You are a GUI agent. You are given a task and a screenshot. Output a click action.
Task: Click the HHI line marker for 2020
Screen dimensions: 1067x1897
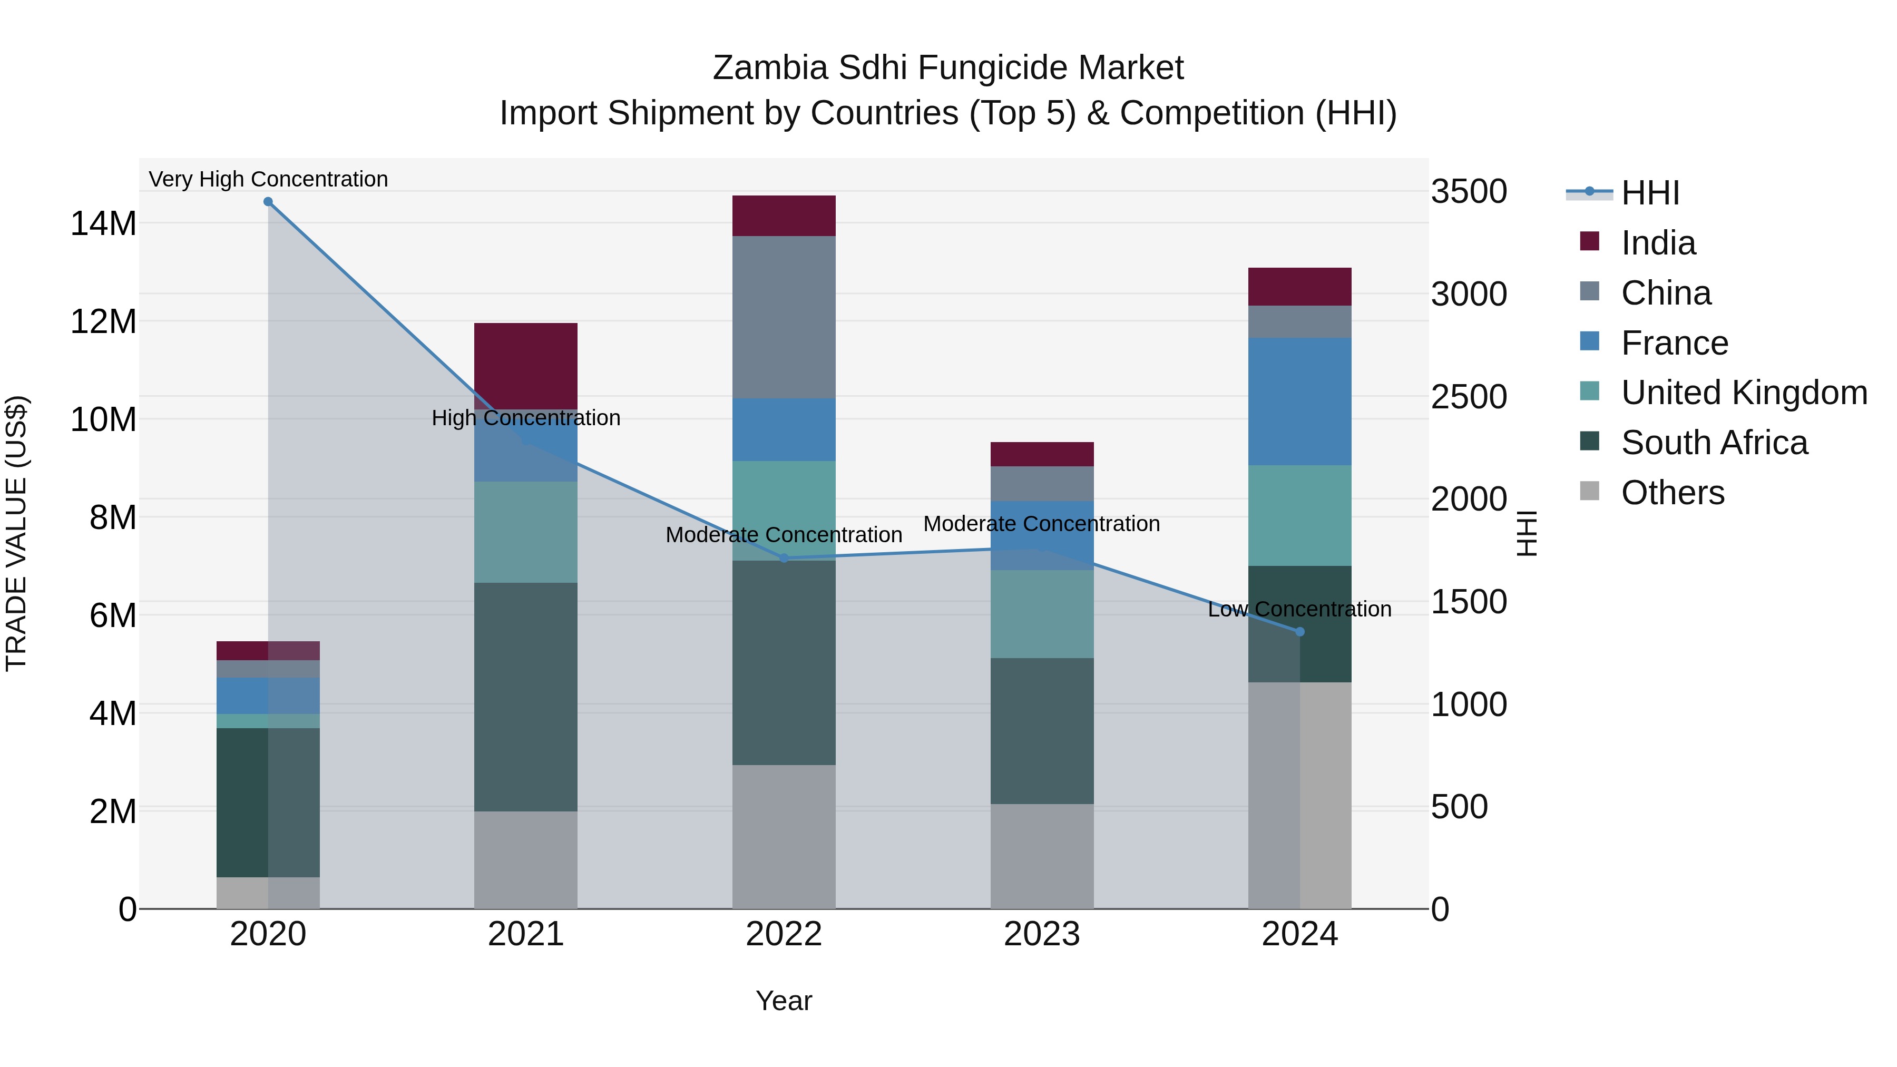268,202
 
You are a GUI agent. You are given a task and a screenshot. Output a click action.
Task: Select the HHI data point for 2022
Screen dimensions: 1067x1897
784,558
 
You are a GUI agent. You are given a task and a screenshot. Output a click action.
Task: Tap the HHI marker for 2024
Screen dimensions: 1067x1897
1300,632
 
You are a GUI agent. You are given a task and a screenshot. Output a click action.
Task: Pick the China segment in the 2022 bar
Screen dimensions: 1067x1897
784,317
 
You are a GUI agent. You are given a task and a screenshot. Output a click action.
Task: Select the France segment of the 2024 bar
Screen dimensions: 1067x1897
1300,402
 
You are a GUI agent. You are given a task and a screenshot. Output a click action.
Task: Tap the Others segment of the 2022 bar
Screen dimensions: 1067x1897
784,837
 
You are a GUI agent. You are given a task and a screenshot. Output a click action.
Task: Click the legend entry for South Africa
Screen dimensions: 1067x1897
1714,443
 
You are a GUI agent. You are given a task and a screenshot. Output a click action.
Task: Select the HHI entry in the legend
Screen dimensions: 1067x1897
1649,193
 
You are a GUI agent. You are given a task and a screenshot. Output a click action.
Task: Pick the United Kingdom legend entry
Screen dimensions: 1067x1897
1743,393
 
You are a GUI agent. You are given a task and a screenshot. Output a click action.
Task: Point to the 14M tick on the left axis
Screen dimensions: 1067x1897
103,223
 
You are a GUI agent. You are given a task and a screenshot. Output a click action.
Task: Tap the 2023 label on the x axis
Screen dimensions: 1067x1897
1041,934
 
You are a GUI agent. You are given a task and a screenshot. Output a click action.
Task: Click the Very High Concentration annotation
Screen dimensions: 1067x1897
268,179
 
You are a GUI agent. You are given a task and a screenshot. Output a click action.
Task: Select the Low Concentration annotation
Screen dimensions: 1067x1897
1300,609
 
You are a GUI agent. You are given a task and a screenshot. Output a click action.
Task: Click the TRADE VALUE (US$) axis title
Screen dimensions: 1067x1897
16,533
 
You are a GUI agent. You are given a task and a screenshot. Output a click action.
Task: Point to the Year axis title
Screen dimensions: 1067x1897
784,1001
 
